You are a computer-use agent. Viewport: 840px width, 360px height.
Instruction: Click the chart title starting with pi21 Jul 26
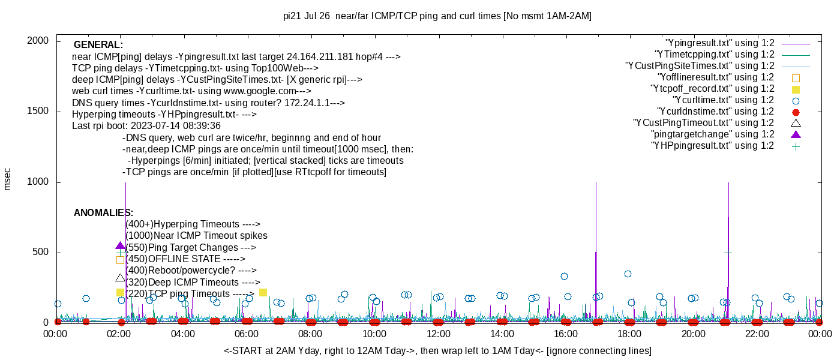(x=437, y=16)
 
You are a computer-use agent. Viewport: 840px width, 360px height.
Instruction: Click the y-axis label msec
(x=8, y=179)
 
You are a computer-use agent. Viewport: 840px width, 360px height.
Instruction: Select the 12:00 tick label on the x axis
(x=438, y=334)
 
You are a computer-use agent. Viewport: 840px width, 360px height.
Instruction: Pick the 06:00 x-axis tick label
(x=247, y=334)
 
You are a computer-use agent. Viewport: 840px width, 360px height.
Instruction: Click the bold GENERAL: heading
(x=98, y=45)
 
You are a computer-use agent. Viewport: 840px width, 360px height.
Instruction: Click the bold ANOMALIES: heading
(x=103, y=213)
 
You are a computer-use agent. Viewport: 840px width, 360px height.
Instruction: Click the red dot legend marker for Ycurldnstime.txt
(x=796, y=112)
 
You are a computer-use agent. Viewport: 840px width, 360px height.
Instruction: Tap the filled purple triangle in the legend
(x=796, y=134)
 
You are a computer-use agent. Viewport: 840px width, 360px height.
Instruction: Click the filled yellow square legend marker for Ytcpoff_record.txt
(x=796, y=89)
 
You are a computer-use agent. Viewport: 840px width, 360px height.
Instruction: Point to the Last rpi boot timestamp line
(x=146, y=126)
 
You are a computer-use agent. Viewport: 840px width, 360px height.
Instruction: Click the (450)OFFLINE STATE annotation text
(x=185, y=259)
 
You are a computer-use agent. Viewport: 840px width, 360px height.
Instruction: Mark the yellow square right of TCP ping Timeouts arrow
(x=263, y=292)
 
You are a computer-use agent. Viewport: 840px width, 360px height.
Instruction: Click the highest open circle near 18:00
(x=628, y=274)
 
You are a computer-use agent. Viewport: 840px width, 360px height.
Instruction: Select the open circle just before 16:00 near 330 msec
(x=564, y=276)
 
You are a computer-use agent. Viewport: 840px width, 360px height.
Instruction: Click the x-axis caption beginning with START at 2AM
(x=437, y=350)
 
